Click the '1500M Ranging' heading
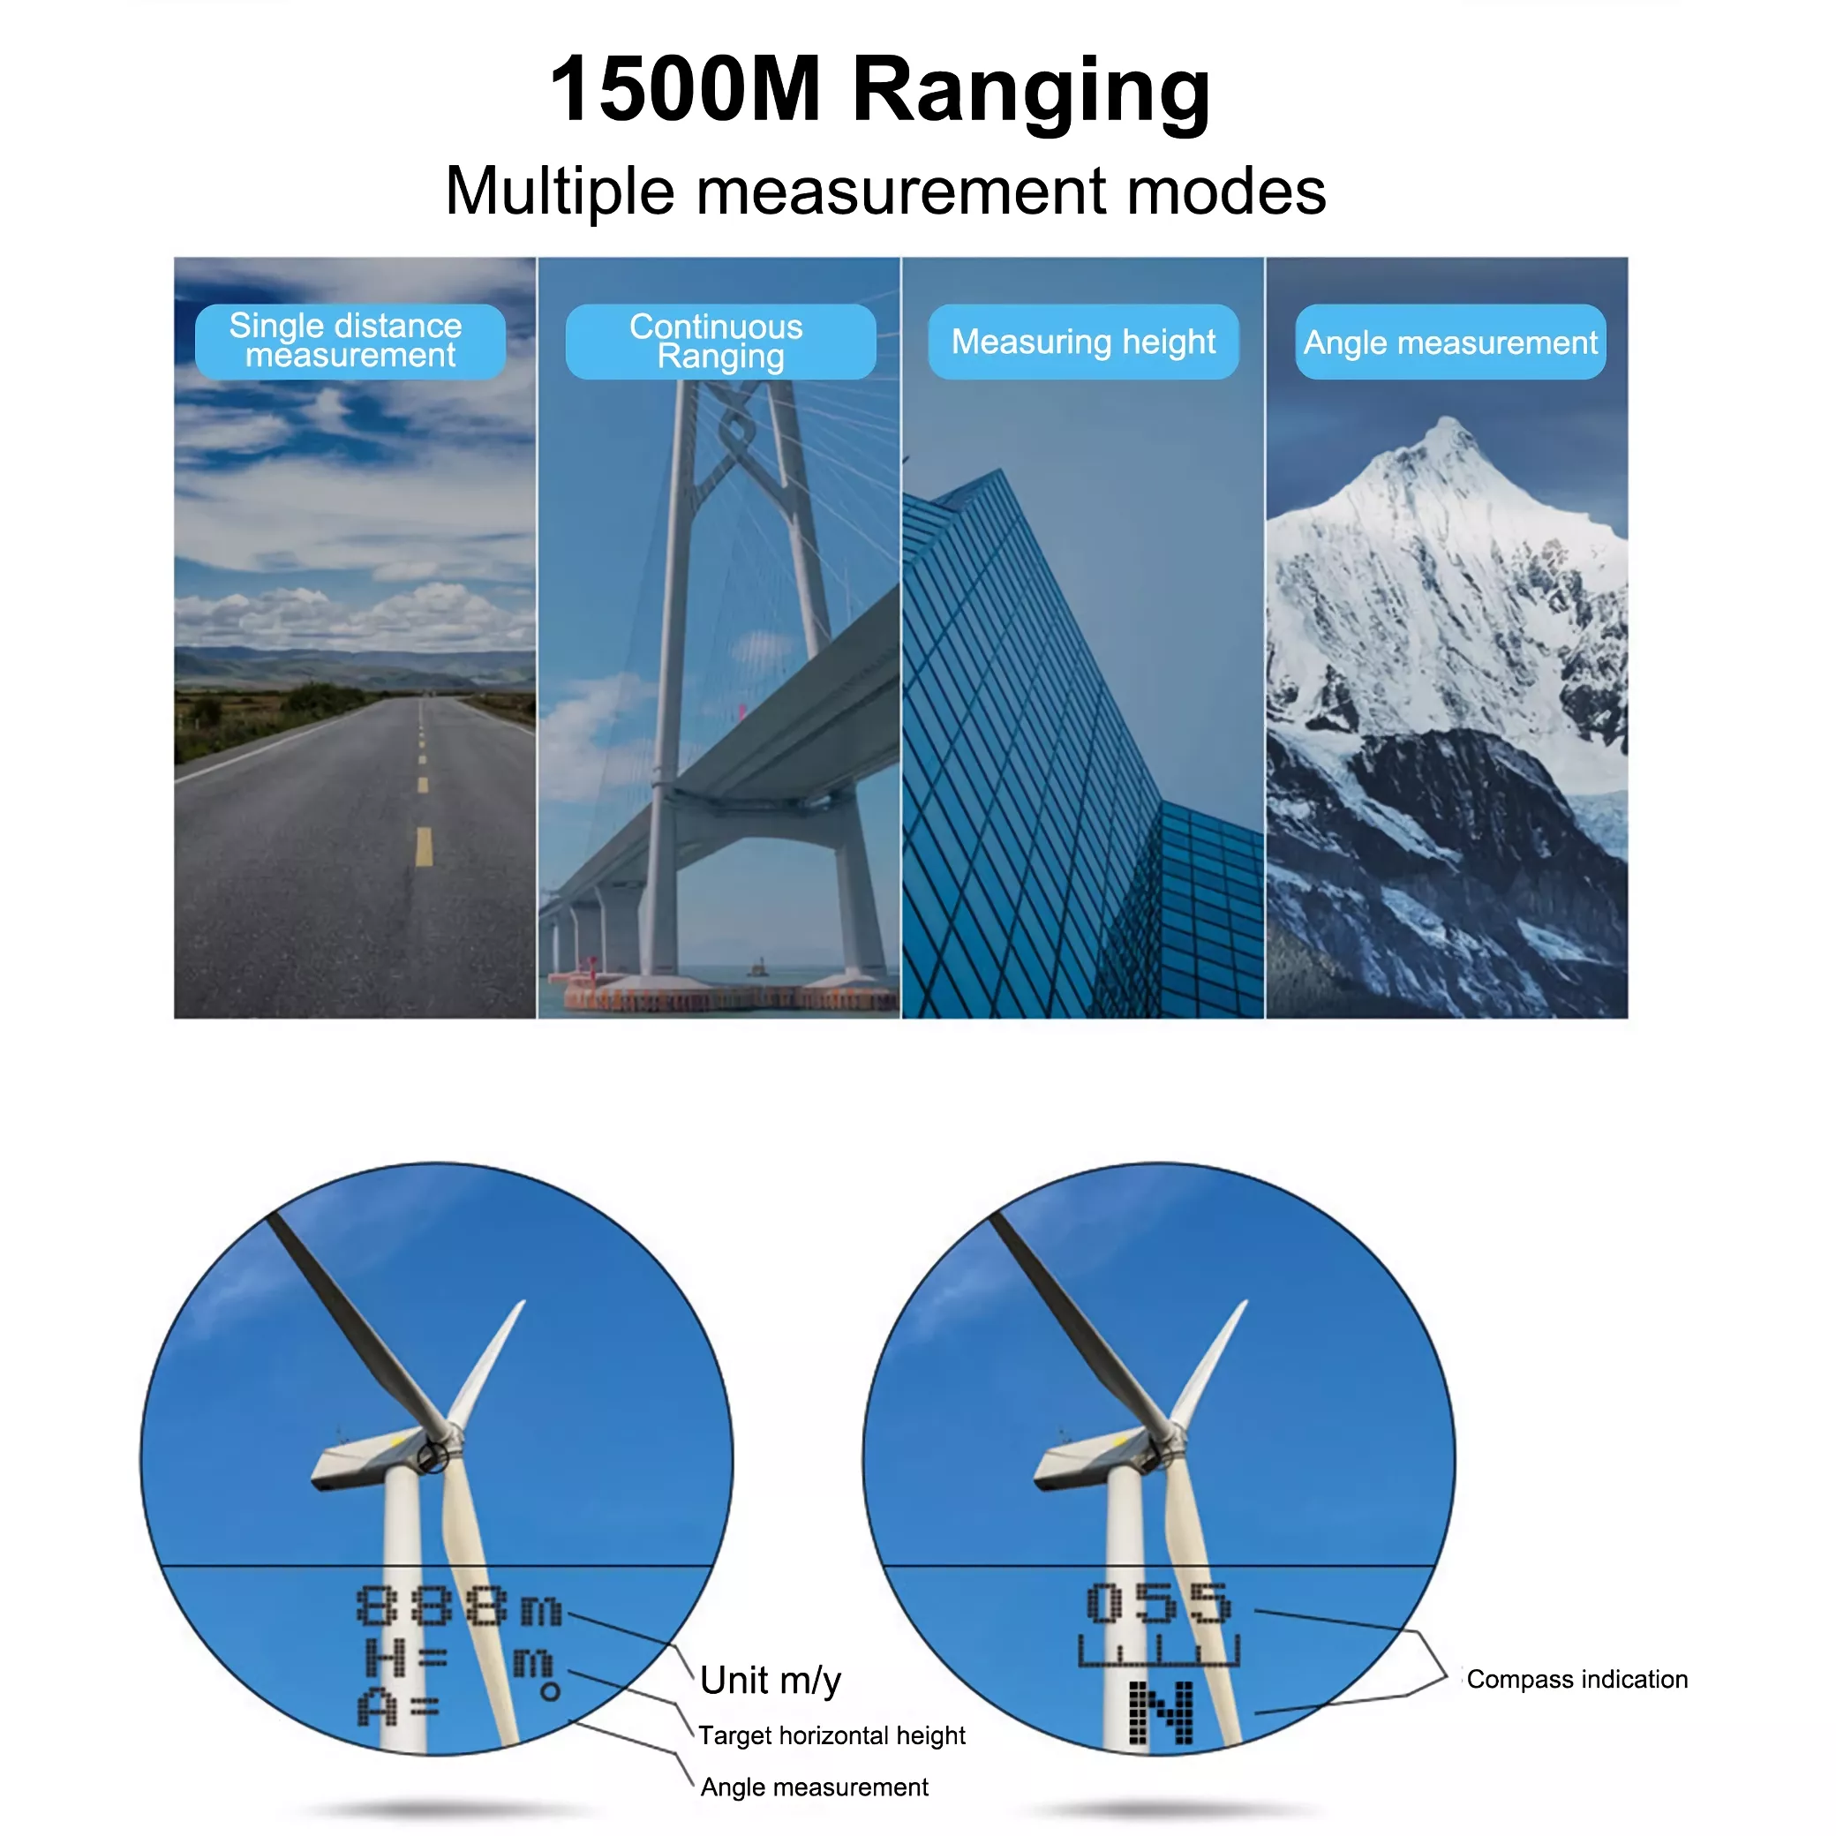880,91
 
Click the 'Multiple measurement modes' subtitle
884,191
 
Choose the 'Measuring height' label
1083,342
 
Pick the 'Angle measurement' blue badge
1450,342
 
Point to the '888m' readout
460,1606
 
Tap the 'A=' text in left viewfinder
398,1709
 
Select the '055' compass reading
1158,1603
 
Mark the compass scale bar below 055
1158,1651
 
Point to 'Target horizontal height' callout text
831,1735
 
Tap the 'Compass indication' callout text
1576,1679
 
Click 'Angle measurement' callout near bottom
815,1787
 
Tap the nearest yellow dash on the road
424,846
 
